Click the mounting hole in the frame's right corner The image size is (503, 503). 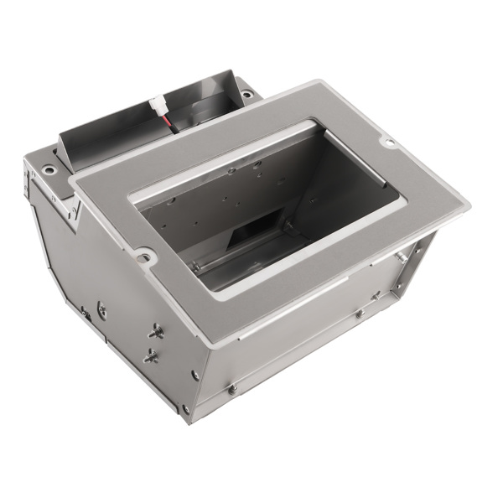click(x=388, y=143)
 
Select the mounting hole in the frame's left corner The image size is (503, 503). click(x=146, y=256)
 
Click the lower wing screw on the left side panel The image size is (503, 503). click(x=152, y=356)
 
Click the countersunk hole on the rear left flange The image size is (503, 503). click(x=49, y=170)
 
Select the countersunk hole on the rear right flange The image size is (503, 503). click(x=247, y=95)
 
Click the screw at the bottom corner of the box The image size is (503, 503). click(x=185, y=409)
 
